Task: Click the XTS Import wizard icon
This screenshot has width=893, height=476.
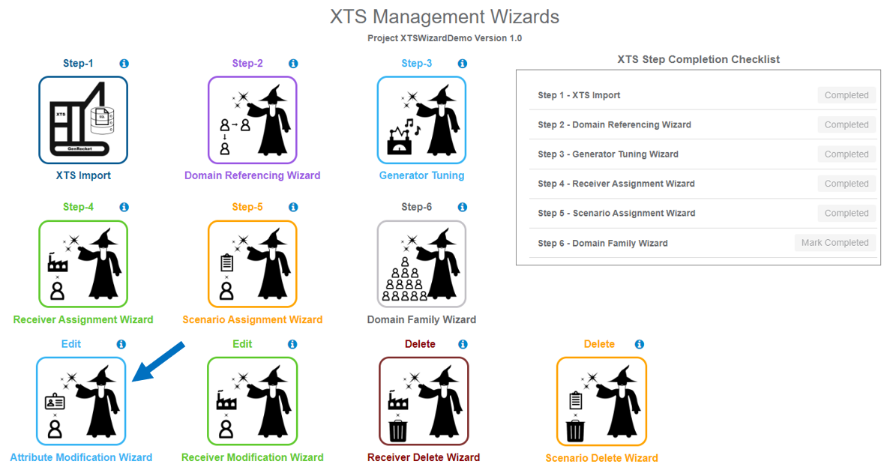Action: click(83, 120)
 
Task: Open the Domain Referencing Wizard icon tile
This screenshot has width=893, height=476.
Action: click(252, 120)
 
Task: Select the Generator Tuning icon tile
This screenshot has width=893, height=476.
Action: click(421, 120)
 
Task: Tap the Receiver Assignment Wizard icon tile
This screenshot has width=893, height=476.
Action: click(83, 264)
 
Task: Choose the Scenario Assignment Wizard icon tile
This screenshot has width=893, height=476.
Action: click(252, 264)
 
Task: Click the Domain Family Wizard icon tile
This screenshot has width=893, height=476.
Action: click(421, 264)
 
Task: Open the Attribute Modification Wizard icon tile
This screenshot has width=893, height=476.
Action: click(81, 401)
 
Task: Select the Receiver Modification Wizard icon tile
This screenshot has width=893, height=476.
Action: click(252, 401)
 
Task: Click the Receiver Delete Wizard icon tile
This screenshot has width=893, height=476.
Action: click(424, 401)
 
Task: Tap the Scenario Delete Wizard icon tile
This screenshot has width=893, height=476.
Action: click(601, 401)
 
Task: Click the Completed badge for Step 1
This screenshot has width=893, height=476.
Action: click(847, 95)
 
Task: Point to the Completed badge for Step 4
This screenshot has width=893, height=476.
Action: click(847, 184)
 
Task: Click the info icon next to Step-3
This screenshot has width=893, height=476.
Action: click(462, 64)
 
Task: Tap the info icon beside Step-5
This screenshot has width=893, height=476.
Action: click(293, 207)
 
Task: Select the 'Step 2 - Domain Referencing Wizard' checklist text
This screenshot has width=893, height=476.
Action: click(614, 124)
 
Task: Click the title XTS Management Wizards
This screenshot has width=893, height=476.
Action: click(445, 16)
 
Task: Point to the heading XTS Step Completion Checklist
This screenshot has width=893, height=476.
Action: click(698, 59)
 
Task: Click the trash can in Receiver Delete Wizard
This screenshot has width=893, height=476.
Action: click(397, 431)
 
